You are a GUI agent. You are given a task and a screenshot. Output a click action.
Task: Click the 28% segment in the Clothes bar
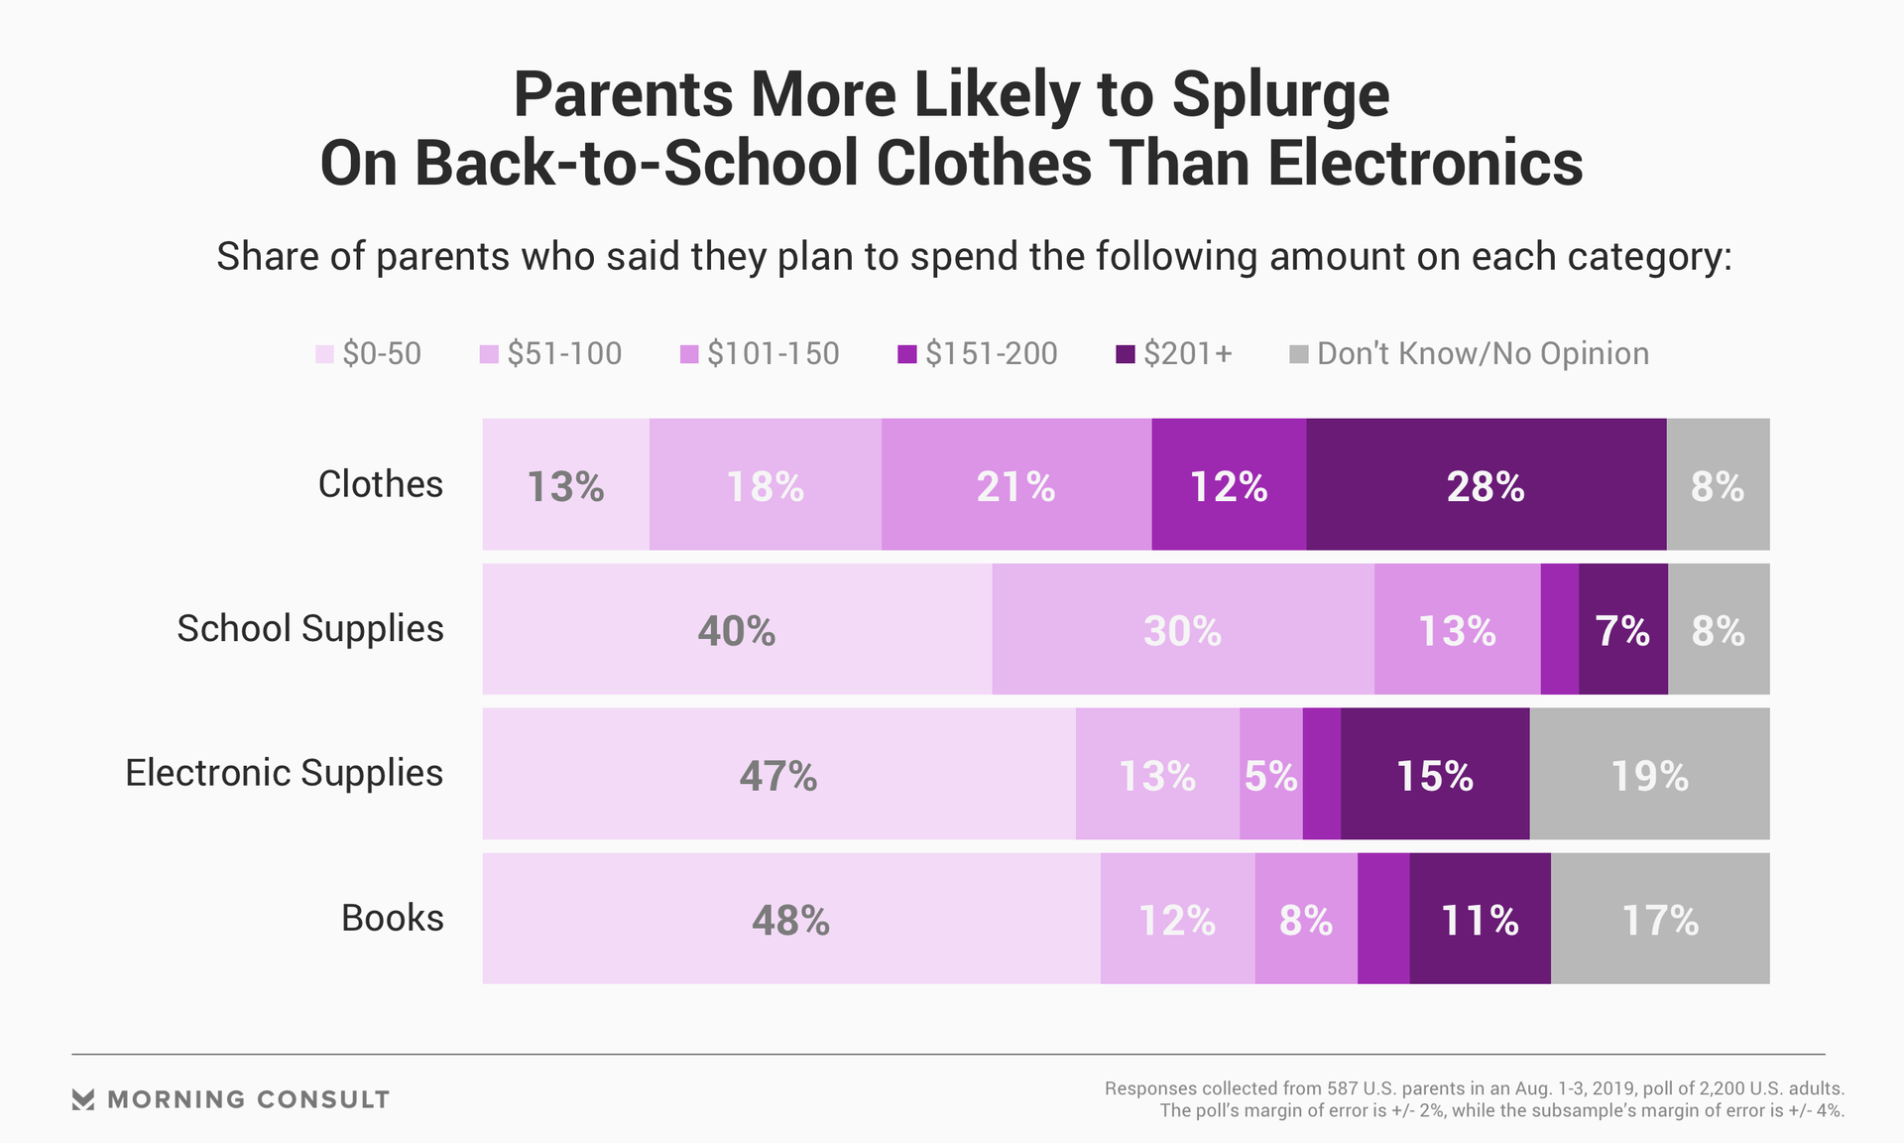pyautogui.click(x=1486, y=484)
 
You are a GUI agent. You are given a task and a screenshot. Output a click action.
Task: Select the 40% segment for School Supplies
pyautogui.click(x=736, y=629)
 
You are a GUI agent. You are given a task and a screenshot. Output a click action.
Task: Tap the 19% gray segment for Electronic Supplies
pyautogui.click(x=1649, y=774)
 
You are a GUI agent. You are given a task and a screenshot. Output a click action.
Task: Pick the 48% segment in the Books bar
pyautogui.click(x=790, y=919)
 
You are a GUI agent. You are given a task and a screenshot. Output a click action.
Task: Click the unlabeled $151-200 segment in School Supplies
pyautogui.click(x=1560, y=629)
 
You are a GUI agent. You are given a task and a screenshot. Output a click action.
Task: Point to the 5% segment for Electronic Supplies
pyautogui.click(x=1270, y=774)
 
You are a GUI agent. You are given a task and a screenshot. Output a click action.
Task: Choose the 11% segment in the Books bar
pyautogui.click(x=1480, y=919)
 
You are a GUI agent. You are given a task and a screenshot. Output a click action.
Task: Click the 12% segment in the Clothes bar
pyautogui.click(x=1229, y=484)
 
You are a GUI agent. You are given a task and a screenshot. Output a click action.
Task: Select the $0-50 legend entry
pyautogui.click(x=369, y=354)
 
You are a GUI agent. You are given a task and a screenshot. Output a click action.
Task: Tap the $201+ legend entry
pyautogui.click(x=1174, y=354)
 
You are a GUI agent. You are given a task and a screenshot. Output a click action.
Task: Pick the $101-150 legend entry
pyautogui.click(x=760, y=354)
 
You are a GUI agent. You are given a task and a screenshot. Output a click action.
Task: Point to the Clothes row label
pyautogui.click(x=380, y=484)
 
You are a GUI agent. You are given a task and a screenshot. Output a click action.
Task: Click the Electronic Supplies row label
pyautogui.click(x=284, y=773)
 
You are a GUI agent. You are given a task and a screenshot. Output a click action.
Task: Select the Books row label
pyautogui.click(x=392, y=918)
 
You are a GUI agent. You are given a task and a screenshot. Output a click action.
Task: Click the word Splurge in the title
pyautogui.click(x=1279, y=96)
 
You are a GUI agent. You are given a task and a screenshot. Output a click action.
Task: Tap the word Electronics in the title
pyautogui.click(x=1424, y=164)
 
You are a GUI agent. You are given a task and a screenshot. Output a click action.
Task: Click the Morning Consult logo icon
pyautogui.click(x=83, y=1099)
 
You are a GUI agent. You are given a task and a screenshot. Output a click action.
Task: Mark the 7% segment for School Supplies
pyautogui.click(x=1622, y=629)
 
